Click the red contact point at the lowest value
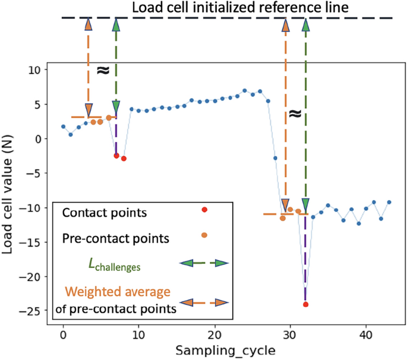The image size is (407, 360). pos(305,304)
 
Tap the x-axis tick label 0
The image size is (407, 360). pos(63,334)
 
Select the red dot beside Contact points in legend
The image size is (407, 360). pos(204,210)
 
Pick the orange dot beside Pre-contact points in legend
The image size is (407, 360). pos(204,235)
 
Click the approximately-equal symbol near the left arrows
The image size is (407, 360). pos(102,70)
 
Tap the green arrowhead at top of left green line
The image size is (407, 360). pos(116,24)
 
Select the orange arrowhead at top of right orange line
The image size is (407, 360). pos(285,25)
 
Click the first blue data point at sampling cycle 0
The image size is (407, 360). pos(63,127)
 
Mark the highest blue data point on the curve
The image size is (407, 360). pos(244,91)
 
